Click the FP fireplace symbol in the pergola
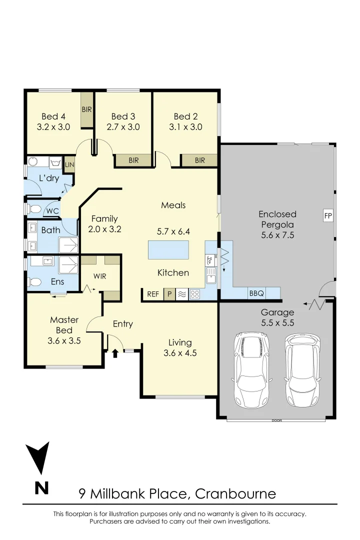pyautogui.click(x=328, y=216)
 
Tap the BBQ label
pyautogui.click(x=256, y=294)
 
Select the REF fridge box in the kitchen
pyautogui.click(x=153, y=294)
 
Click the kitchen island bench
pyautogui.click(x=168, y=249)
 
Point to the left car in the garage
pyautogui.click(x=251, y=369)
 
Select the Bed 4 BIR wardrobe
pyautogui.click(x=86, y=109)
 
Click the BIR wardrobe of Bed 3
pyautogui.click(x=133, y=160)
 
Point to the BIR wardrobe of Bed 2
pyautogui.click(x=199, y=160)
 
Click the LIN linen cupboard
pyautogui.click(x=69, y=164)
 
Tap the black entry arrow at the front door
pyautogui.click(x=115, y=353)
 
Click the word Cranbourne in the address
pyautogui.click(x=235, y=494)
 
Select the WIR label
pyautogui.click(x=100, y=276)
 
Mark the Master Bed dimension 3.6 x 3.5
pyautogui.click(x=64, y=341)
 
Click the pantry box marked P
pyautogui.click(x=169, y=294)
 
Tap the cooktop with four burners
pyautogui.click(x=194, y=294)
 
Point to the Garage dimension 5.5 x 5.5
pyautogui.click(x=277, y=323)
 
